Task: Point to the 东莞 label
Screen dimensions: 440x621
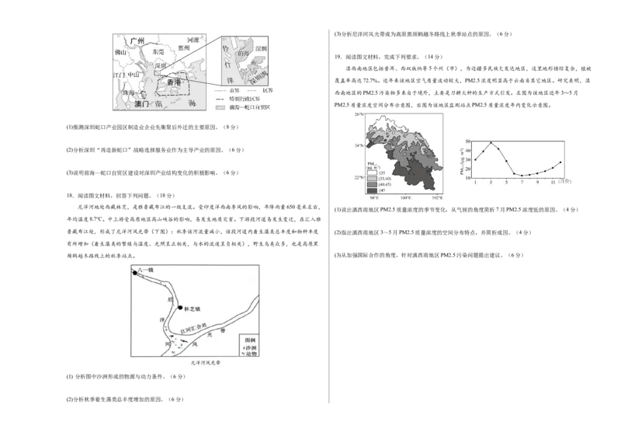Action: [x=158, y=51]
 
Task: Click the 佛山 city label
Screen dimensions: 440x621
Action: [x=120, y=53]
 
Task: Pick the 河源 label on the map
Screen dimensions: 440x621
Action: [x=194, y=38]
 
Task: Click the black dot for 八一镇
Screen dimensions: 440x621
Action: [x=134, y=274]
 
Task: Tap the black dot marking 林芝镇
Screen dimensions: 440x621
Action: [x=180, y=308]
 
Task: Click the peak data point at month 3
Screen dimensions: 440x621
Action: [x=491, y=143]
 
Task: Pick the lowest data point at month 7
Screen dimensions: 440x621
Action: [x=522, y=176]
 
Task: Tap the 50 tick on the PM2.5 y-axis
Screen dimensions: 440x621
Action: [x=468, y=142]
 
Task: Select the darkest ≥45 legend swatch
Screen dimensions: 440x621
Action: [x=372, y=190]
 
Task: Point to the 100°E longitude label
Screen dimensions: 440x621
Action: [x=405, y=198]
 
